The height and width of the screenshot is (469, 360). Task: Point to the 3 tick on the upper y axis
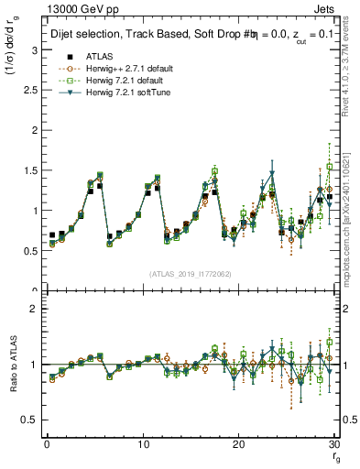pos(32,49)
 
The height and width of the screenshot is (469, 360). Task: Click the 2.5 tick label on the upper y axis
pos(28,90)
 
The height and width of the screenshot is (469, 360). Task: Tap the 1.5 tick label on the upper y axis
pos(28,170)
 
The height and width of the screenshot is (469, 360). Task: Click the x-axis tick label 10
pos(143,443)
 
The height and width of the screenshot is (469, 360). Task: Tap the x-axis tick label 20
pos(239,443)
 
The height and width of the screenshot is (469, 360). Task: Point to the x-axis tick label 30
pos(335,443)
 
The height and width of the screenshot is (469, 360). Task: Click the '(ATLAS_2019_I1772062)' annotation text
pos(191,274)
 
